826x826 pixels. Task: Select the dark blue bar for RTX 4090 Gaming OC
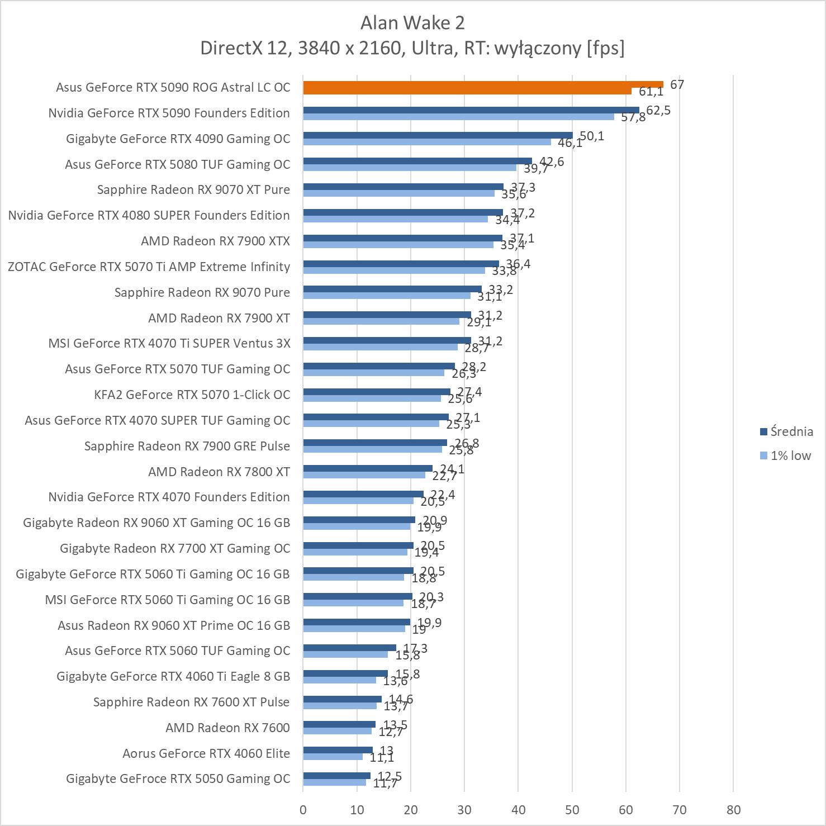pyautogui.click(x=438, y=135)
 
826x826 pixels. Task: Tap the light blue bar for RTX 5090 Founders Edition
pyautogui.click(x=458, y=117)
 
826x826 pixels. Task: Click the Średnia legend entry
pyautogui.click(x=786, y=431)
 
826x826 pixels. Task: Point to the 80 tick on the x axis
pyautogui.click(x=733, y=810)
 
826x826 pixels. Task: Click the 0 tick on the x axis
pyautogui.click(x=303, y=810)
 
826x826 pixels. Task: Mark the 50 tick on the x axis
pyautogui.click(x=572, y=810)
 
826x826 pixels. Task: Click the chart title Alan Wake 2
pyautogui.click(x=412, y=23)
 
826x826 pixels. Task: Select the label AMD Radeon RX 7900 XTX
pyautogui.click(x=215, y=241)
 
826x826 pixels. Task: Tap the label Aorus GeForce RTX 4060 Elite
pyautogui.click(x=206, y=753)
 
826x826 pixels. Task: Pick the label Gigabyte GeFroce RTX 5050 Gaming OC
pyautogui.click(x=178, y=778)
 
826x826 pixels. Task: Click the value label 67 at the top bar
pyautogui.click(x=677, y=84)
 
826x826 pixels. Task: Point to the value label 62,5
pyautogui.click(x=658, y=110)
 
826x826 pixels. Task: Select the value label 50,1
pyautogui.click(x=592, y=136)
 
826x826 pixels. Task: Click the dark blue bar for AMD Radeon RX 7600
pyautogui.click(x=339, y=724)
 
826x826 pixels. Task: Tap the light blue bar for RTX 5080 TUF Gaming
pyautogui.click(x=410, y=168)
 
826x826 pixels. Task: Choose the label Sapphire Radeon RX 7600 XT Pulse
pyautogui.click(x=191, y=702)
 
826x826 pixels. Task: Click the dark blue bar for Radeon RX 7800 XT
pyautogui.click(x=368, y=468)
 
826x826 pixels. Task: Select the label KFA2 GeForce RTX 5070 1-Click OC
pyautogui.click(x=192, y=395)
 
